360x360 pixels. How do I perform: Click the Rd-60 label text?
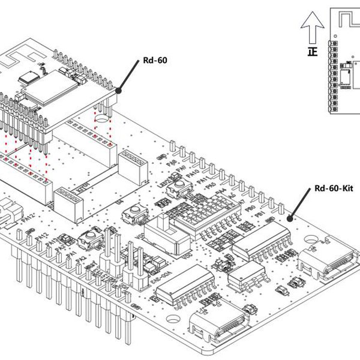pyautogui.click(x=154, y=60)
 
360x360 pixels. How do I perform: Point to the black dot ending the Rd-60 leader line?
pyautogui.click(x=119, y=92)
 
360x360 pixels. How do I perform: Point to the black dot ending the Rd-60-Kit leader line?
pyautogui.click(x=292, y=220)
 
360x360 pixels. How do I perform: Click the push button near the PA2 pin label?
pyautogui.click(x=91, y=238)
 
